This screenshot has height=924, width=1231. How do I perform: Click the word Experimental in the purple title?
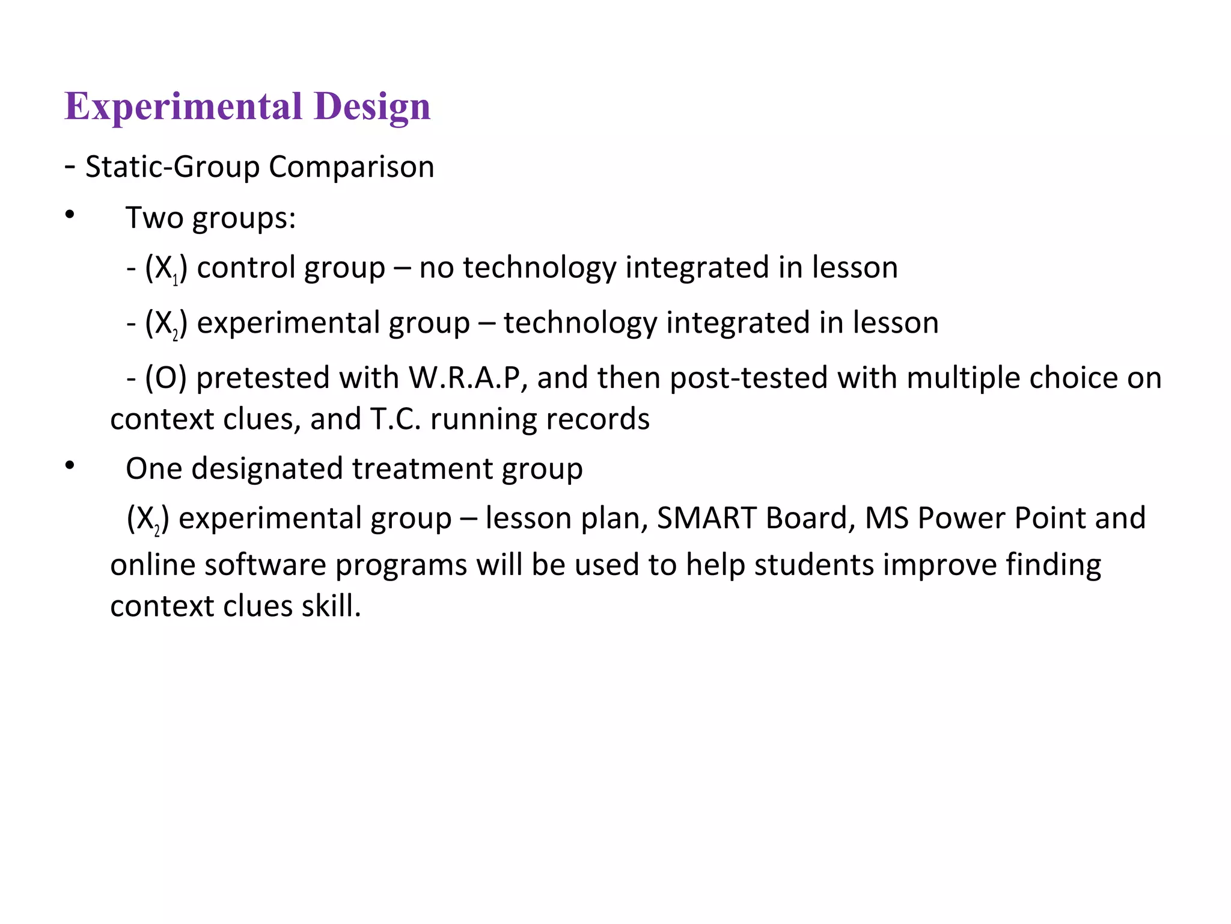[x=183, y=107]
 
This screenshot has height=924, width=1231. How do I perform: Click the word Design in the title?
[x=371, y=107]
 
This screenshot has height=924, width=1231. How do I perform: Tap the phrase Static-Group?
[x=172, y=167]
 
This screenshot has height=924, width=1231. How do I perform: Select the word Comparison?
[x=351, y=167]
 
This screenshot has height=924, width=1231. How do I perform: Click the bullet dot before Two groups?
[x=70, y=215]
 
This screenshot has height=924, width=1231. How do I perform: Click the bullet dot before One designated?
[x=70, y=465]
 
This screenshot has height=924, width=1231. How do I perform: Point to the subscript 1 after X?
[x=176, y=280]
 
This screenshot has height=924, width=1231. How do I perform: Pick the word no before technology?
[x=436, y=268]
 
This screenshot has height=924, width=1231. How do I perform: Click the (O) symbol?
[x=166, y=378]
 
